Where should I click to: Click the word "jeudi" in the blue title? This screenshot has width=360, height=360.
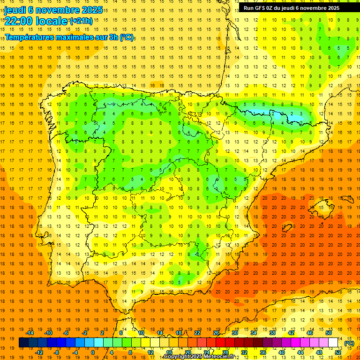pyautogui.click(x=15, y=9)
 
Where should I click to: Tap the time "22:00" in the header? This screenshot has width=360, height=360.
pyautogui.click(x=18, y=21)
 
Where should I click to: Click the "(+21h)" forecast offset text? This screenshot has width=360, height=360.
pyautogui.click(x=81, y=21)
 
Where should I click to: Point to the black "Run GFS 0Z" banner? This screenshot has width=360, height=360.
pyautogui.click(x=292, y=8)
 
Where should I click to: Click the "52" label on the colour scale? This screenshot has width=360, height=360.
pyautogui.click(x=338, y=352)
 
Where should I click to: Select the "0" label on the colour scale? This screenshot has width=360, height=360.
pyautogui.click(x=92, y=352)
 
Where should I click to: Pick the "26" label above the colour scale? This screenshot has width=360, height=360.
pyautogui.click(x=216, y=333)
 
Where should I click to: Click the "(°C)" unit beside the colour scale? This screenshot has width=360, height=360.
pyautogui.click(x=349, y=343)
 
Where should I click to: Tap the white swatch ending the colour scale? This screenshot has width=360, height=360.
pyautogui.click(x=333, y=343)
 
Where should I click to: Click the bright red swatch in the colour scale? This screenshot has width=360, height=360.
pyautogui.click(x=220, y=343)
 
